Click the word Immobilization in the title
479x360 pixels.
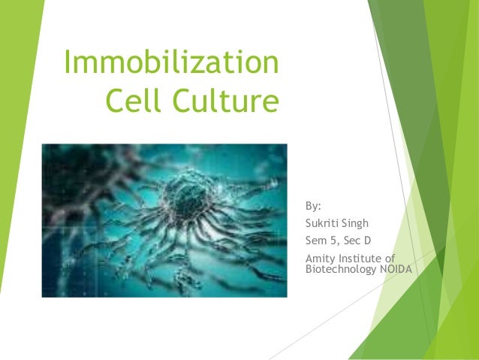coord(171,63)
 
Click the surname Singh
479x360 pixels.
coord(355,222)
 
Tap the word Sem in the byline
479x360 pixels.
coord(315,241)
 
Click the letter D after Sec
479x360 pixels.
coord(368,241)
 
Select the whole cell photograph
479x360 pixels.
coord(164,220)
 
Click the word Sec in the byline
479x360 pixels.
coord(351,241)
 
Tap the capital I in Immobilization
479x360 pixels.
coord(68,63)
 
